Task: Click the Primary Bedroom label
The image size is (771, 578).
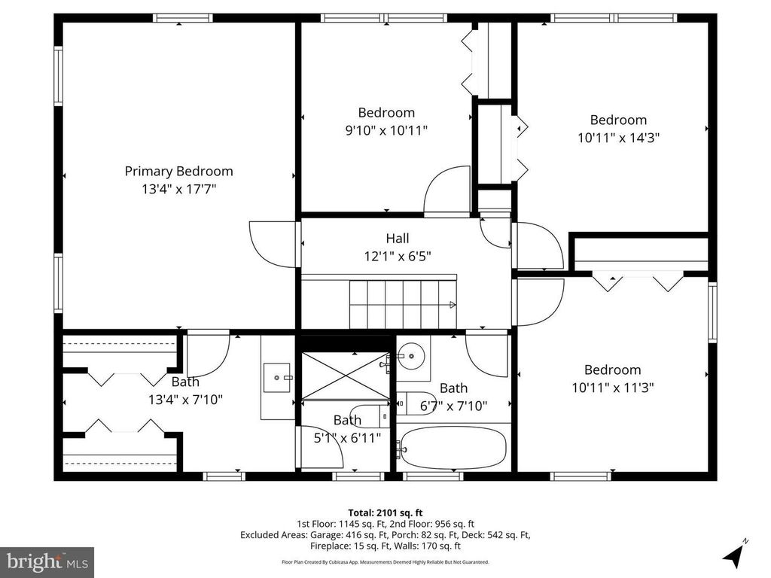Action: [x=178, y=171]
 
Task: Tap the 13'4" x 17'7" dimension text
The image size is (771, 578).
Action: [x=179, y=189]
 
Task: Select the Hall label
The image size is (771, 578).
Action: [x=398, y=239]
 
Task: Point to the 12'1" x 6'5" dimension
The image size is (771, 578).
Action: [x=398, y=256]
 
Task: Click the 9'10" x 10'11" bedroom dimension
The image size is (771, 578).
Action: [x=386, y=130]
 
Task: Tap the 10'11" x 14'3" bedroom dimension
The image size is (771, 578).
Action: [x=618, y=138]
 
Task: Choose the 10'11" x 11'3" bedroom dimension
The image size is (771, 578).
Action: [x=613, y=388]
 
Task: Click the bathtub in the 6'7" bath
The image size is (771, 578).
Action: [x=453, y=448]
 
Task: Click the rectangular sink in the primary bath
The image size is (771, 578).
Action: [x=279, y=378]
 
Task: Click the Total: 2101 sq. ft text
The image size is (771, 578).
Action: [x=385, y=513]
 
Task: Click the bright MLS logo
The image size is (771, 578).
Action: [x=47, y=561]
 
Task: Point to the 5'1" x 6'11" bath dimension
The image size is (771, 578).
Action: [x=348, y=437]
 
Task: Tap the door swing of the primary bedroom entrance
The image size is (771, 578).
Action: [x=270, y=245]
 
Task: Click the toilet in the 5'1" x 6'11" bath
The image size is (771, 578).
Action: [x=369, y=416]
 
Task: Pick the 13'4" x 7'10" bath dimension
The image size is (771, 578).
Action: [x=186, y=400]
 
